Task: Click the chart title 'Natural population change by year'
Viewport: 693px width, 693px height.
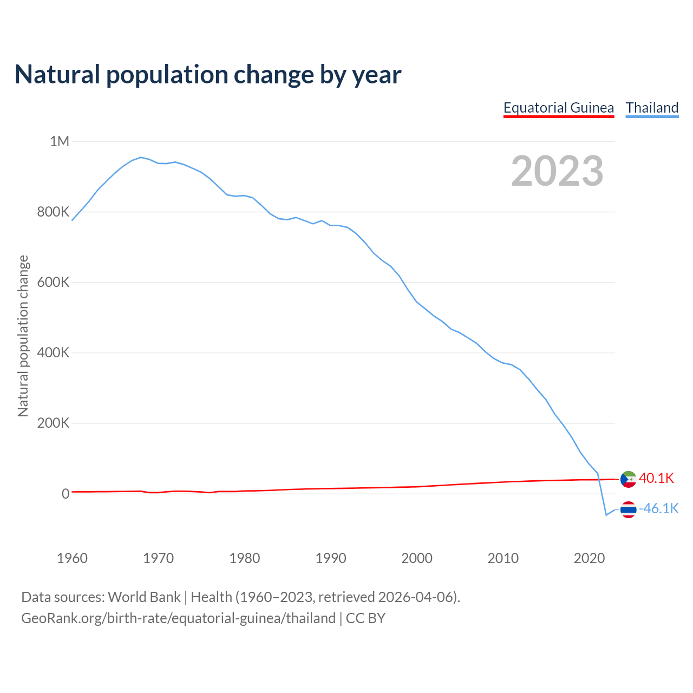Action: click(x=208, y=75)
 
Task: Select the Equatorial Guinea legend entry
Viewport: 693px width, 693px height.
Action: click(x=558, y=108)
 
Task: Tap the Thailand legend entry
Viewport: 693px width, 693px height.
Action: click(x=652, y=108)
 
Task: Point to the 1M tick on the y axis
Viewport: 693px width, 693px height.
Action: click(x=60, y=141)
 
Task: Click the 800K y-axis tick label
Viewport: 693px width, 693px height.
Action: click(x=53, y=212)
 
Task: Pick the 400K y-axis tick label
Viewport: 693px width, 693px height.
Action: click(x=53, y=352)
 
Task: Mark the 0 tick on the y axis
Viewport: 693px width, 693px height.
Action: click(x=66, y=493)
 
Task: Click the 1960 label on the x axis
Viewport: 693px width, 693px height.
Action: click(x=72, y=558)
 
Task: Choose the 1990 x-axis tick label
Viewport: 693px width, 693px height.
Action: click(x=331, y=558)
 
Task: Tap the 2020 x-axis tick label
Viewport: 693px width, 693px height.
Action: click(x=589, y=558)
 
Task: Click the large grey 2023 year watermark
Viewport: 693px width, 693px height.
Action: click(x=557, y=171)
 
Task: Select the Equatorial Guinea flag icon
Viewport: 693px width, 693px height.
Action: click(x=628, y=479)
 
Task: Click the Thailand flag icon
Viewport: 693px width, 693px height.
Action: click(x=628, y=509)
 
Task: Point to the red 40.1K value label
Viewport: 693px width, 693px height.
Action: click(x=656, y=478)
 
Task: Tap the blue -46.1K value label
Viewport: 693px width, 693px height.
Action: click(x=659, y=508)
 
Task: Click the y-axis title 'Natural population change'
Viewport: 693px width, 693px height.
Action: click(x=23, y=336)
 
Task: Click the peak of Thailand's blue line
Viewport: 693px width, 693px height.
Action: click(x=141, y=158)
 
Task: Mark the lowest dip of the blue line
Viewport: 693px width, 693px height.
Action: click(x=606, y=515)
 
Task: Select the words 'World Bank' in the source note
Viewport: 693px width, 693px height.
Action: click(x=144, y=597)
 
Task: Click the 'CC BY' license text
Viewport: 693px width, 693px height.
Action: click(x=365, y=618)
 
